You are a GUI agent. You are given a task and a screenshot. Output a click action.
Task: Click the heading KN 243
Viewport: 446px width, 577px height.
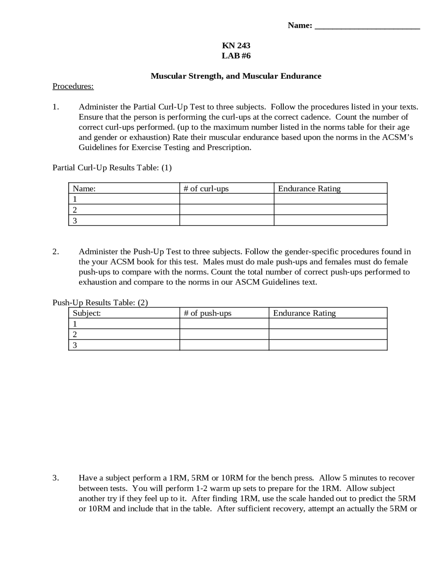236,46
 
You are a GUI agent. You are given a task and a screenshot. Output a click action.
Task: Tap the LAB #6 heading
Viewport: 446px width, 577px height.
236,56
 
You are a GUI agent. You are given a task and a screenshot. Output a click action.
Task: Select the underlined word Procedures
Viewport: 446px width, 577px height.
73,86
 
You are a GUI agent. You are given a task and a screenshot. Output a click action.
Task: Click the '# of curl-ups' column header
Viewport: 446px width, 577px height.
206,189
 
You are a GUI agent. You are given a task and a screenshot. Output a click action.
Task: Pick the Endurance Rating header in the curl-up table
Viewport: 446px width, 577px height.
309,189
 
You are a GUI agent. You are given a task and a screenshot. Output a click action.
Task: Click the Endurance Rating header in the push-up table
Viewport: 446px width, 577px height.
304,313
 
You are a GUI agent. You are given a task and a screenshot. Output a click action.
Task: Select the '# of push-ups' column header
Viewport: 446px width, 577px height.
207,313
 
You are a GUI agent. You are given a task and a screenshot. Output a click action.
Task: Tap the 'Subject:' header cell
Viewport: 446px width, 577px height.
87,313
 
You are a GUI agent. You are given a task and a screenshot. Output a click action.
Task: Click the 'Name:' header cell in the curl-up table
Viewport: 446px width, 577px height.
84,189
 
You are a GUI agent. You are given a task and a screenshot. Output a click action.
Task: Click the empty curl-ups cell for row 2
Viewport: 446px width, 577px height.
226,210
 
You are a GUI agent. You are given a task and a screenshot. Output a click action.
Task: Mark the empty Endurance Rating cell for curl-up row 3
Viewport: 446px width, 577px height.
330,221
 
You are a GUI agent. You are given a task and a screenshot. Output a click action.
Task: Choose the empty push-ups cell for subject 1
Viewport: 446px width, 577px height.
224,324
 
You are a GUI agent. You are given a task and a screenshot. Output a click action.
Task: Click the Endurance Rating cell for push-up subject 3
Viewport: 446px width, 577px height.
328,345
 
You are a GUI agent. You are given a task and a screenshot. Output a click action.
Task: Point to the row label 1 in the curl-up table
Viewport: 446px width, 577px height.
75,199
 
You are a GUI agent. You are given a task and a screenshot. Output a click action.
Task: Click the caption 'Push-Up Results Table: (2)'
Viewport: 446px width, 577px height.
100,302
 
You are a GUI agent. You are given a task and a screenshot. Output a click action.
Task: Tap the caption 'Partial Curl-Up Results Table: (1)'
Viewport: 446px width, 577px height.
112,168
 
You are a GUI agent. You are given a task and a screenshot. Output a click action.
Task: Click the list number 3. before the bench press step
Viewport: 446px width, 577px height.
56,478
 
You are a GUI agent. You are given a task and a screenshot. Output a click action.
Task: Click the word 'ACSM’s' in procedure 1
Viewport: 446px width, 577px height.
397,137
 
